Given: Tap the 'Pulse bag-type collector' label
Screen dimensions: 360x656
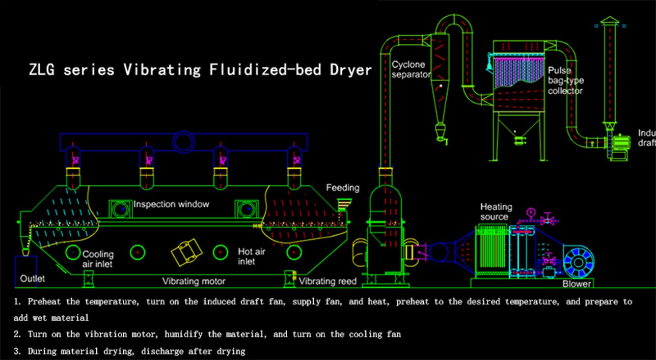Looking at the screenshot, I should tap(565, 80).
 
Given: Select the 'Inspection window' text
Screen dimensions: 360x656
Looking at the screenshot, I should tap(171, 204).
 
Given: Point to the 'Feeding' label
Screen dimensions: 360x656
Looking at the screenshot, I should tap(343, 188).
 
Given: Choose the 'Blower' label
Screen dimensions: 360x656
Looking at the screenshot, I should tap(577, 284).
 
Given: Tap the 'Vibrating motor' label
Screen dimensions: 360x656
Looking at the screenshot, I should tap(194, 281).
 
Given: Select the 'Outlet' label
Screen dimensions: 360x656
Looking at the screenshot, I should tap(33, 279).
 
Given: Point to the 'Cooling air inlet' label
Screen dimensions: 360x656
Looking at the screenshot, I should tap(98, 259).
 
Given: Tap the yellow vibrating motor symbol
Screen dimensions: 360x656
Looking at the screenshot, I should tap(186, 252).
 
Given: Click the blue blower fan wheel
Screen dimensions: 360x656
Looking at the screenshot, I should tap(579, 261).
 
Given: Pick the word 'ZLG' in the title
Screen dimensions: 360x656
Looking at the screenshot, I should tap(43, 69).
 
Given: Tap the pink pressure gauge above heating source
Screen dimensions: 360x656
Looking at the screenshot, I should tap(531, 211).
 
